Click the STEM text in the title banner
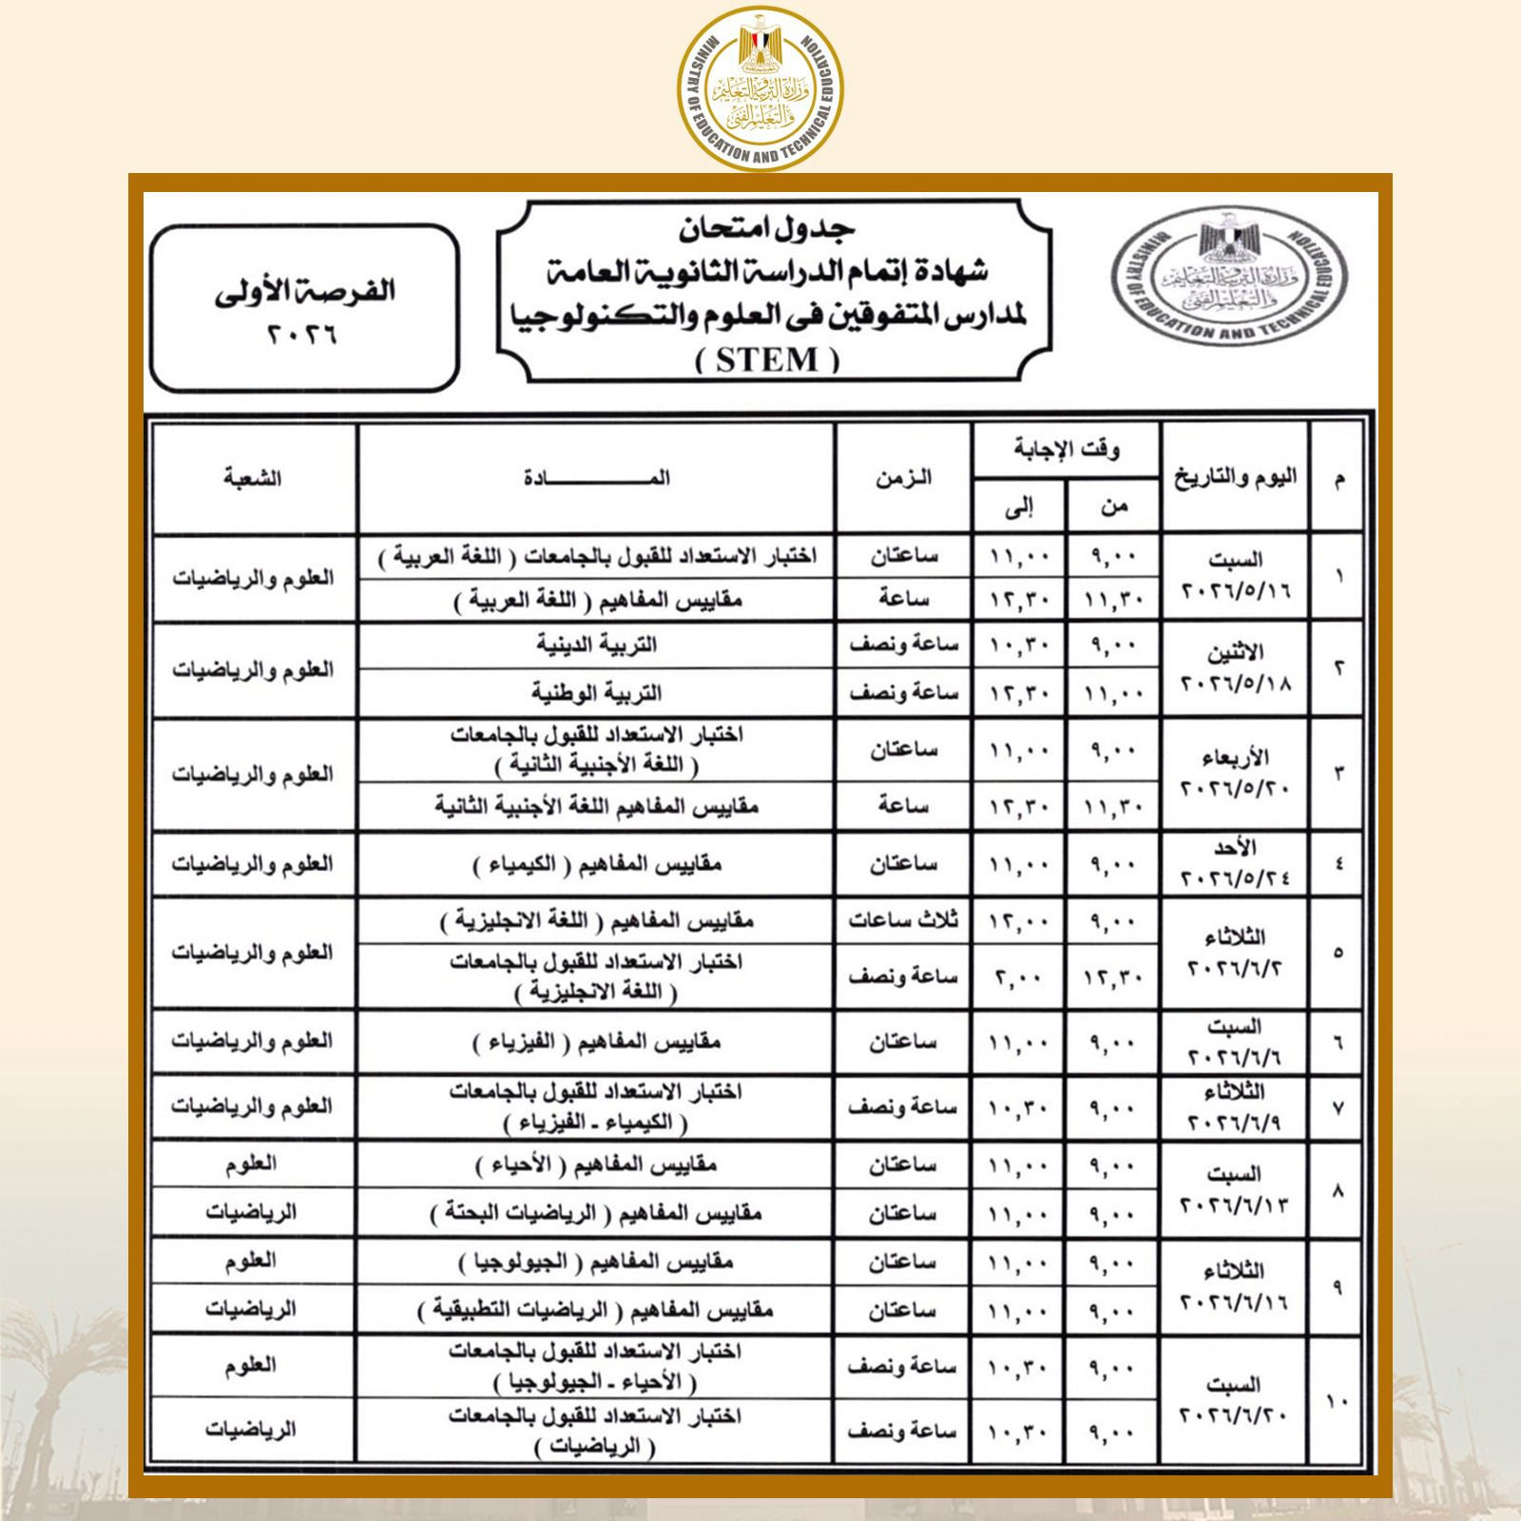[x=767, y=360]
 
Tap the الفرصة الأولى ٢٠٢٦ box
[x=304, y=308]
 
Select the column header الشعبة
[x=253, y=478]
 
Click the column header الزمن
[x=903, y=478]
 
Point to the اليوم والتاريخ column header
[x=1235, y=478]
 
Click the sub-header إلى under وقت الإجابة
[x=1018, y=508]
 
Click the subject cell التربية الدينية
[x=597, y=645]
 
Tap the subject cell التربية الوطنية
[x=597, y=693]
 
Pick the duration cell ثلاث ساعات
[x=903, y=920]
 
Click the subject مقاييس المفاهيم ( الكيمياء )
[x=597, y=865]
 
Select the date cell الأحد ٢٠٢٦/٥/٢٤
[x=1235, y=864]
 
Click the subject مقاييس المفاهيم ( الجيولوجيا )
[x=597, y=1262]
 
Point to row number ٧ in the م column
[x=1338, y=1107]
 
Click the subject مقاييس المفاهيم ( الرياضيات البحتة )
[x=597, y=1214]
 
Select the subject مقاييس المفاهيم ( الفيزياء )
[x=597, y=1043]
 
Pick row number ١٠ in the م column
[x=1338, y=1399]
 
